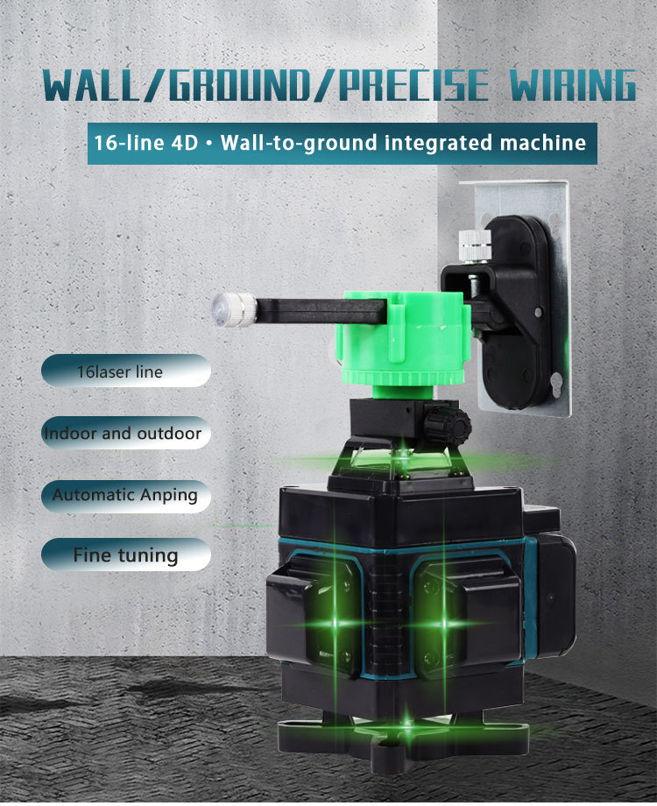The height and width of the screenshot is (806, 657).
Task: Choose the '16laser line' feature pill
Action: point(126,371)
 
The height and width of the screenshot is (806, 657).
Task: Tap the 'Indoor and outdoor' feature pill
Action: point(126,433)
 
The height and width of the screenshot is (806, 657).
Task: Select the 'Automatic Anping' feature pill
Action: point(126,495)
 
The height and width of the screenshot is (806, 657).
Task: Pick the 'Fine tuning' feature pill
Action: point(126,555)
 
